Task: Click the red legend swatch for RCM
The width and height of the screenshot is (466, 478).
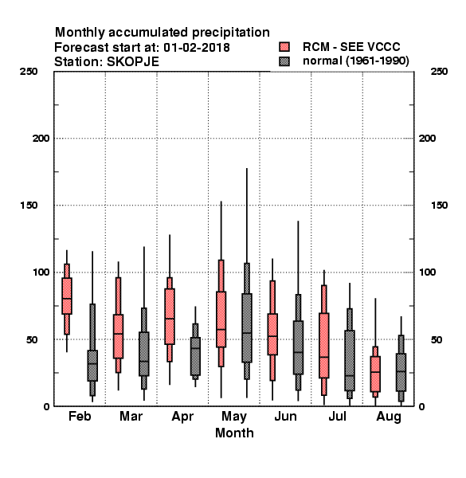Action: tap(284, 47)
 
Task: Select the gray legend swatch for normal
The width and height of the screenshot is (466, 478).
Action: tap(284, 61)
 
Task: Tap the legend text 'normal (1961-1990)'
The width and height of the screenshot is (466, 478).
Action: tap(355, 61)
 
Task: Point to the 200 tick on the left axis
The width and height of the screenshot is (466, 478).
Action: tap(41, 139)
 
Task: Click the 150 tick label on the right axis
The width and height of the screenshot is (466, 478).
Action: tap(439, 206)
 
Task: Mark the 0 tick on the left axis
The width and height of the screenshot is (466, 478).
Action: tap(46, 406)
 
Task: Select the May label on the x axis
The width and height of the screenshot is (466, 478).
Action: tap(234, 417)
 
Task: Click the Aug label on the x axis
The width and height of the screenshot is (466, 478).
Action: tap(389, 417)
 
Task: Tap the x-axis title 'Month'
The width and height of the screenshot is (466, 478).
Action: tap(234, 433)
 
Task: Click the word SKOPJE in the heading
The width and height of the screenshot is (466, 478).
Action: tap(133, 62)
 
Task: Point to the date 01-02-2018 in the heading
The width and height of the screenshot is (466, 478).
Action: tap(197, 47)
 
